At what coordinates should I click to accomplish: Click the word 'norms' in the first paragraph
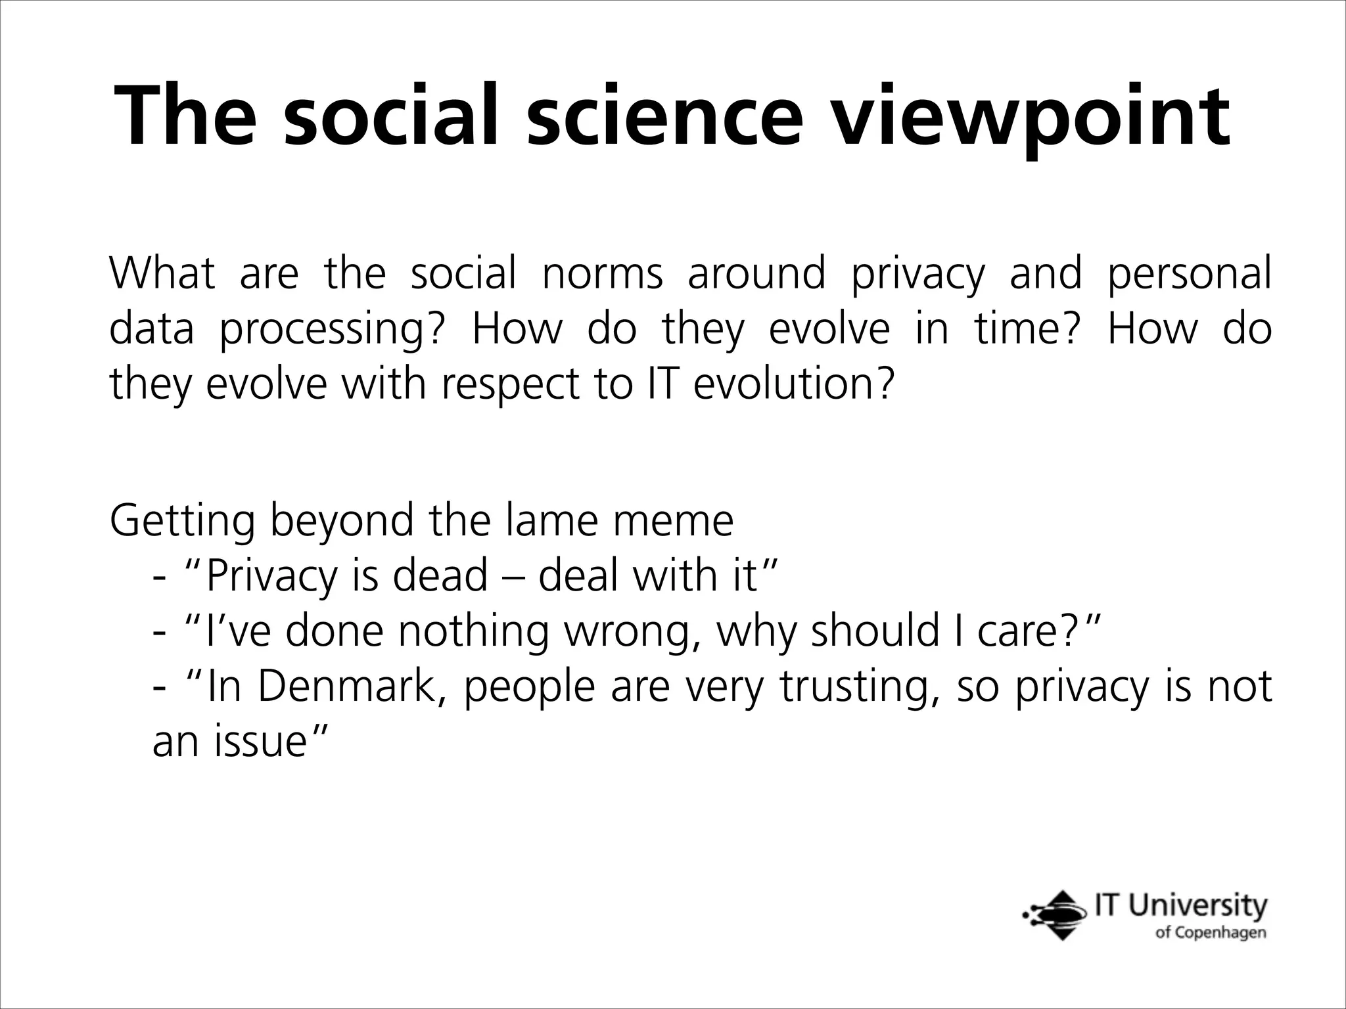coord(602,274)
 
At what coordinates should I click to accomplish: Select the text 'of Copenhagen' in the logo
coord(1210,933)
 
